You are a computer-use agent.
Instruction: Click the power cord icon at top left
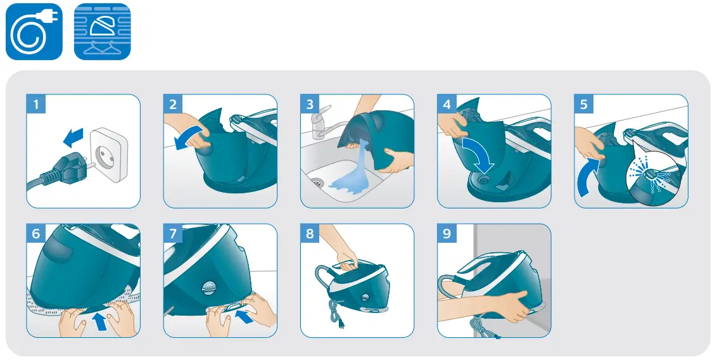pyautogui.click(x=34, y=32)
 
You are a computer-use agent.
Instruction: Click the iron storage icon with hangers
pyautogui.click(x=102, y=32)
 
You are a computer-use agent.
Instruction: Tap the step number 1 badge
pyautogui.click(x=36, y=105)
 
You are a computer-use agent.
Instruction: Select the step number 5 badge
pyautogui.click(x=584, y=105)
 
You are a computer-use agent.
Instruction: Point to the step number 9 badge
pyautogui.click(x=447, y=234)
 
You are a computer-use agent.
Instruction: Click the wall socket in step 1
pyautogui.click(x=108, y=154)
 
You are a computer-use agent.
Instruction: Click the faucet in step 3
pyautogui.click(x=320, y=124)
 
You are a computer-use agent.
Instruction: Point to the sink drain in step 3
pyautogui.click(x=318, y=183)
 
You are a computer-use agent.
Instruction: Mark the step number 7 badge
pyautogui.click(x=173, y=234)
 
